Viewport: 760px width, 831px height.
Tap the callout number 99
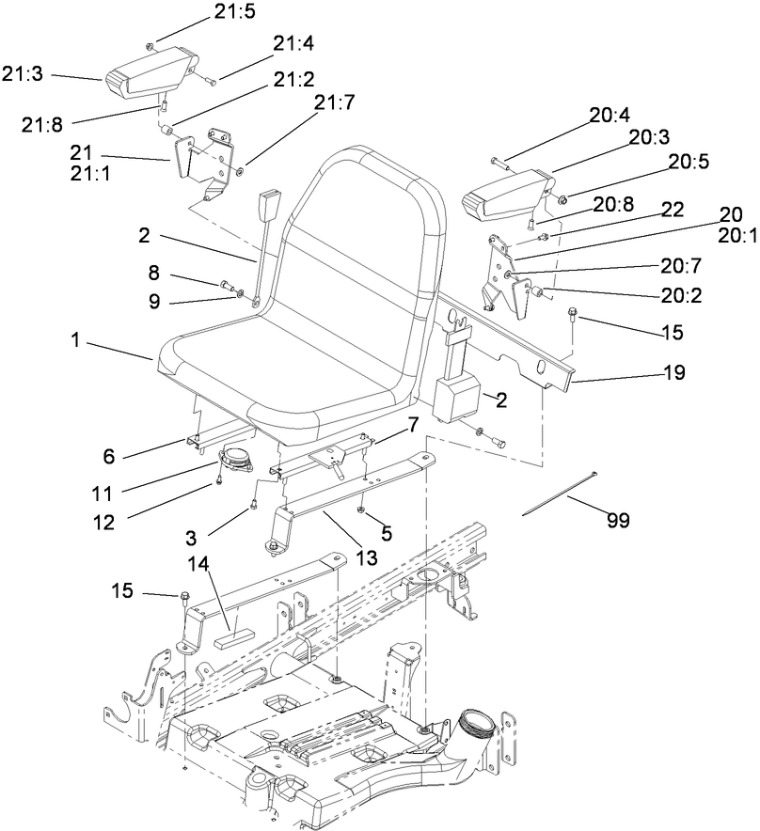click(x=617, y=519)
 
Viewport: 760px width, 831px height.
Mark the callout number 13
click(x=366, y=557)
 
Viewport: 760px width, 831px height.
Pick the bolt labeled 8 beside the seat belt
click(x=226, y=284)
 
